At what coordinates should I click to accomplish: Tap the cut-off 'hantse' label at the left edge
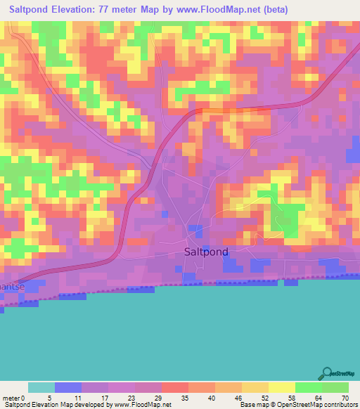[13, 286]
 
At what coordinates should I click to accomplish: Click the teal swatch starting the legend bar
[41, 387]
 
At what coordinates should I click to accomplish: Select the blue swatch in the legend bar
[67, 387]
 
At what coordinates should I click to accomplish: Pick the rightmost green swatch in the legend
[335, 387]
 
